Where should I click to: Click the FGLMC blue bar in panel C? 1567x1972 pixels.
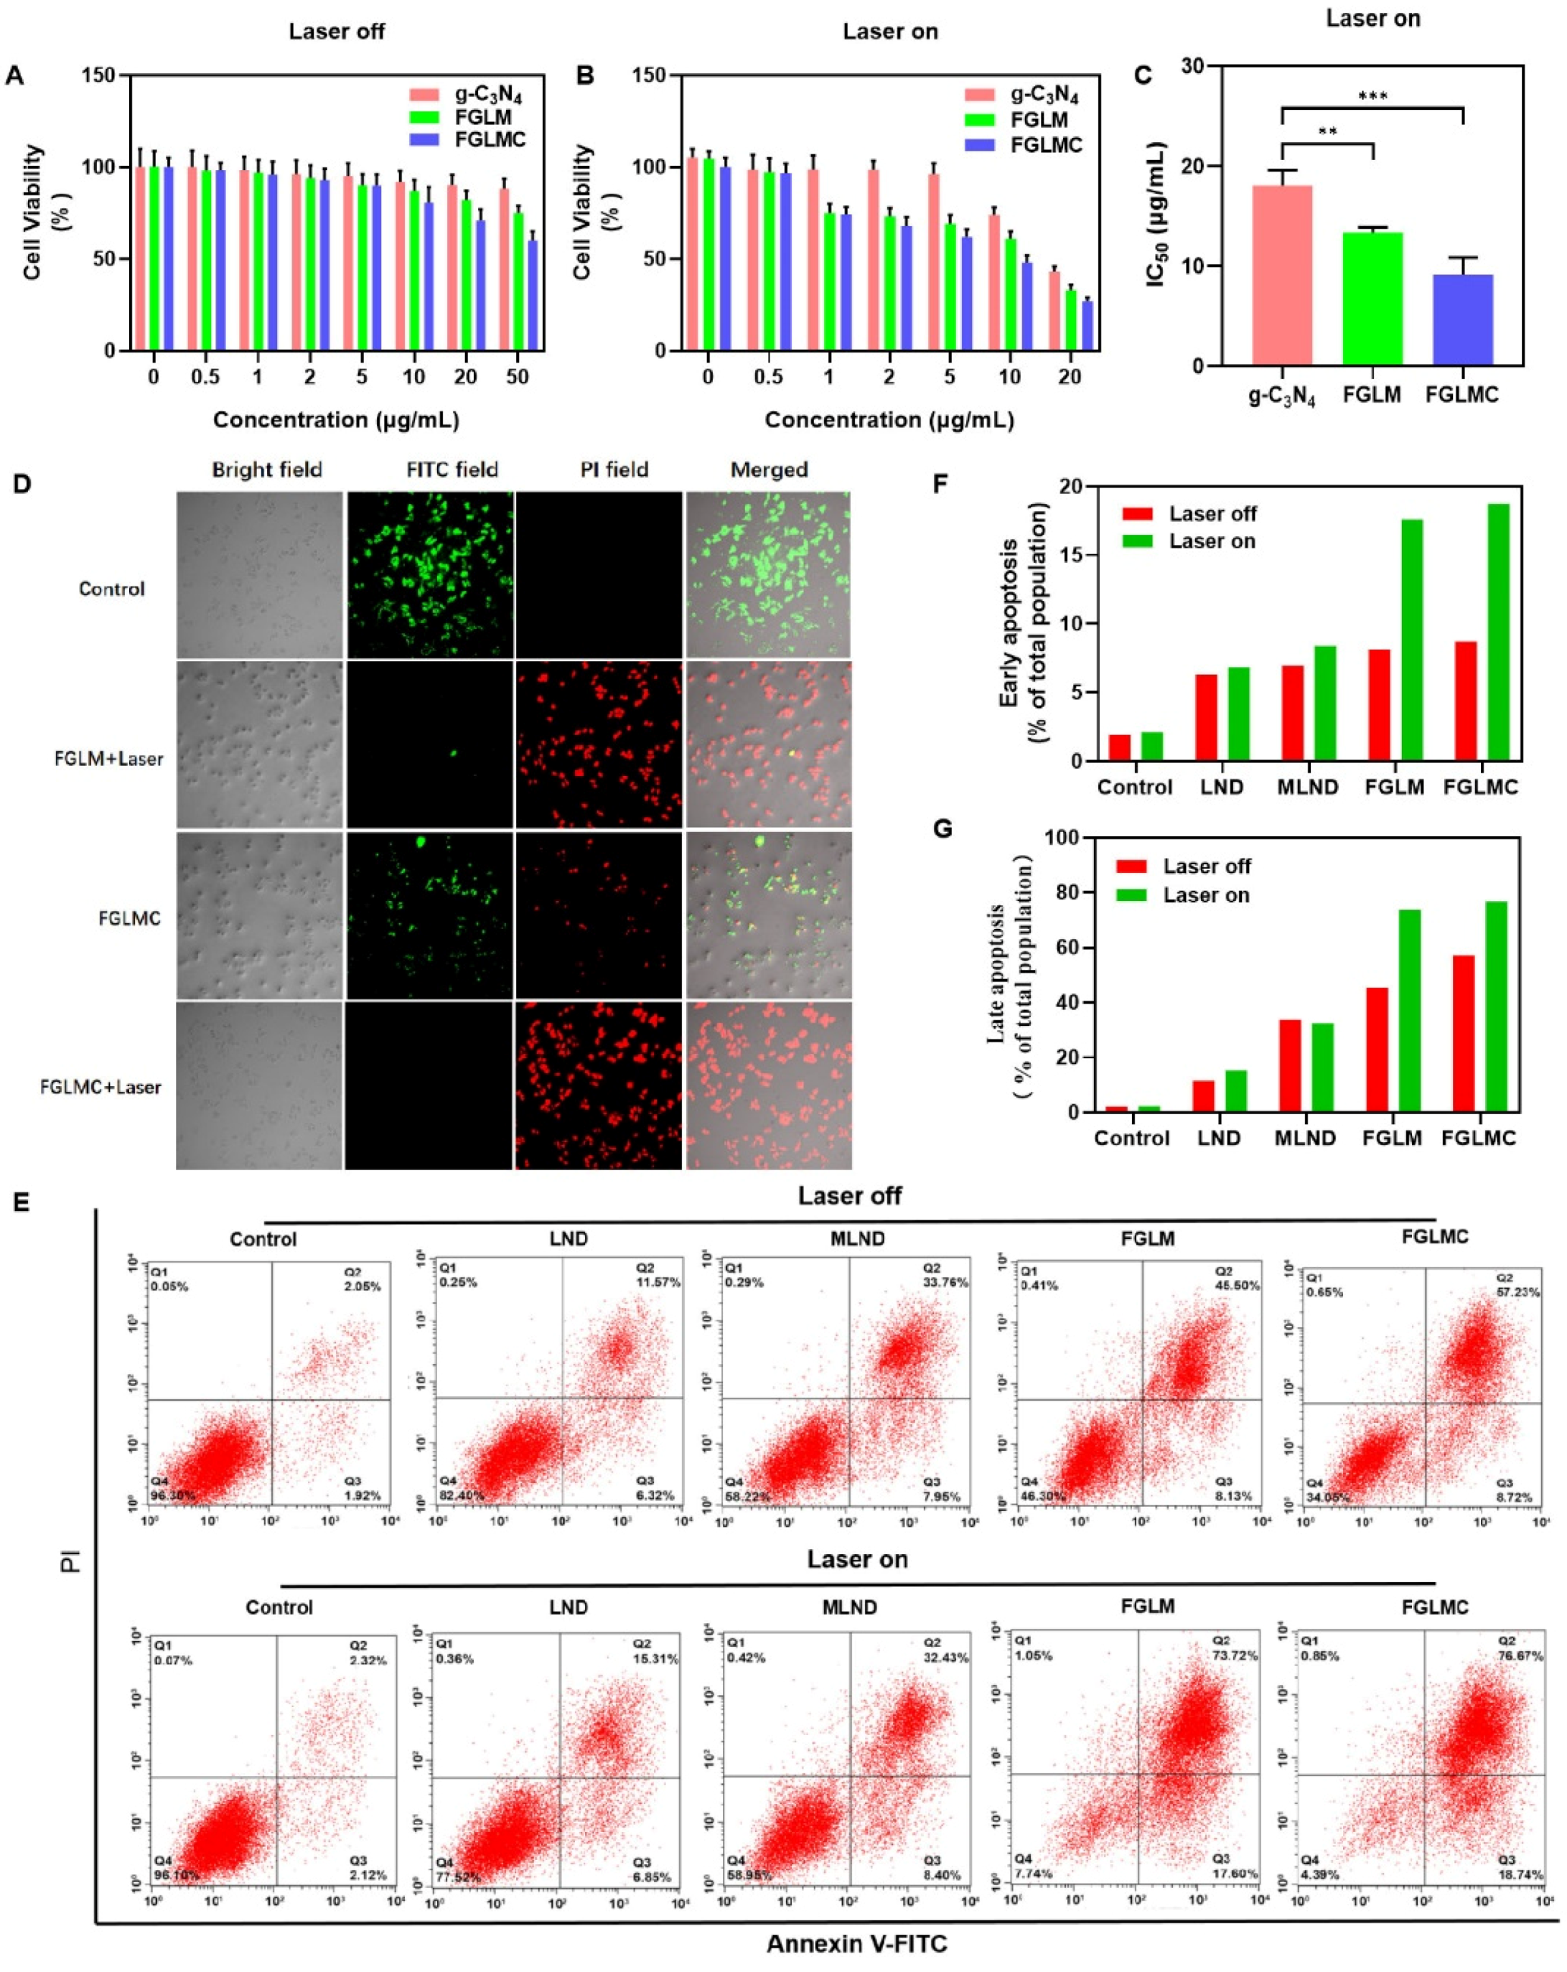click(1463, 320)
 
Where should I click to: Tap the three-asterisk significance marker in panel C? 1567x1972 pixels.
click(1372, 97)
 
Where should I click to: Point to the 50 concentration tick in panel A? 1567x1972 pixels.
click(518, 377)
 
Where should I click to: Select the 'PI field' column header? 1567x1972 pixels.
click(614, 470)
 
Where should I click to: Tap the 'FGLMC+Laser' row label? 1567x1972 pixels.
click(100, 1088)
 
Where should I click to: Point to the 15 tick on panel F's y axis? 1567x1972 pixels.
click(1080, 555)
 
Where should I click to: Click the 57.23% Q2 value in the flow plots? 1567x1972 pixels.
click(1518, 1292)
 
